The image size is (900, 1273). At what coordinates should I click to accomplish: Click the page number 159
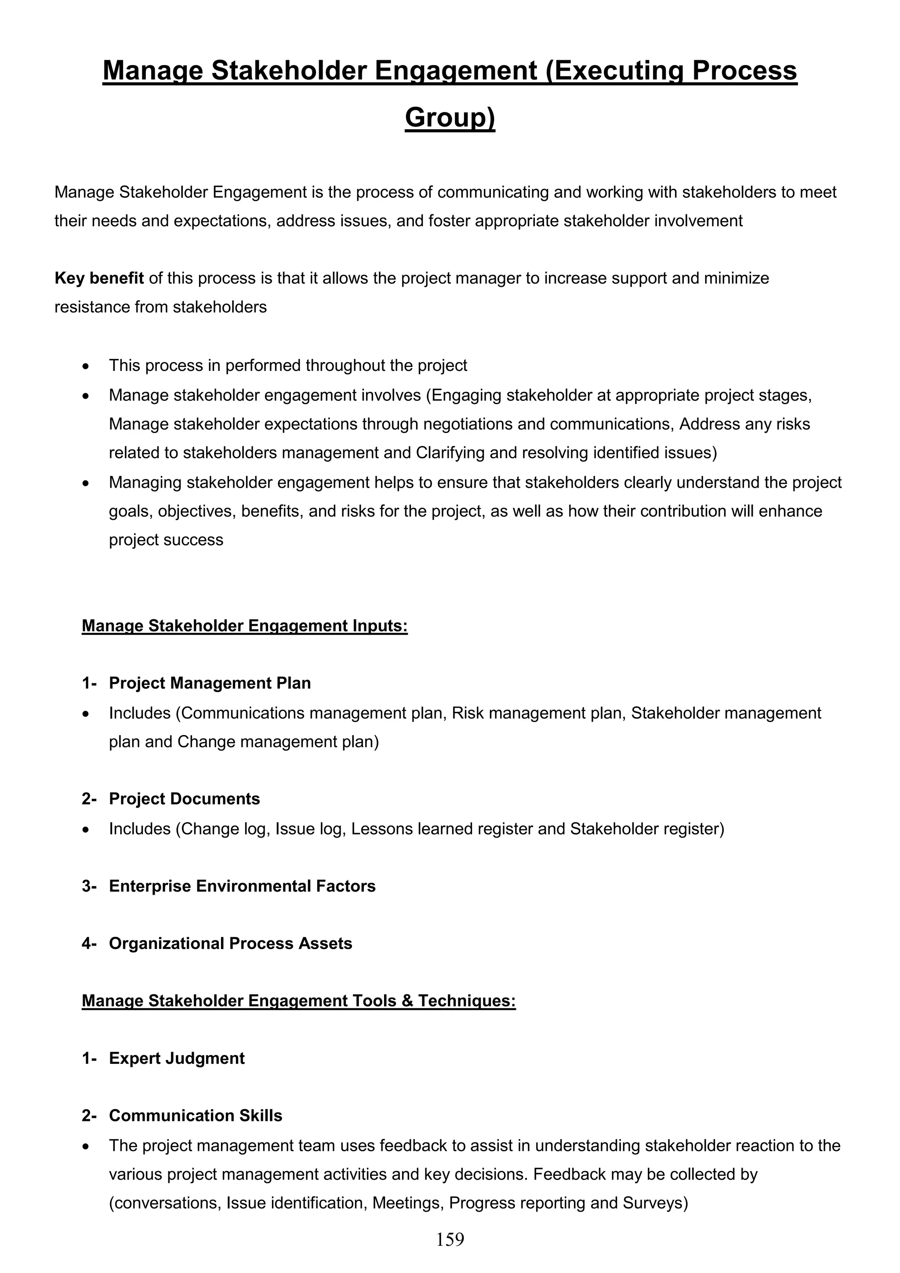pyautogui.click(x=450, y=1240)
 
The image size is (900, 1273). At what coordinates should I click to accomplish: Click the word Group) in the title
pyautogui.click(x=450, y=117)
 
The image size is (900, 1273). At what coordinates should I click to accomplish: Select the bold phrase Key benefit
pyautogui.click(x=99, y=278)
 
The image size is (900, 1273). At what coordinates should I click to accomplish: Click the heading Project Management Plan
pyautogui.click(x=210, y=683)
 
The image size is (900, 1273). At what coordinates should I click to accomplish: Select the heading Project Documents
pyautogui.click(x=184, y=799)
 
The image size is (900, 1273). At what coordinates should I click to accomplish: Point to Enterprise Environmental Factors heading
pyautogui.click(x=242, y=886)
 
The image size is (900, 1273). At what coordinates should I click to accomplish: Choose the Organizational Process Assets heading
pyautogui.click(x=230, y=944)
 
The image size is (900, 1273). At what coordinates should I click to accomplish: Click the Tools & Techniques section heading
pyautogui.click(x=298, y=1001)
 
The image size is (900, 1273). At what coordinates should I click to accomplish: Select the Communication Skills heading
pyautogui.click(x=195, y=1116)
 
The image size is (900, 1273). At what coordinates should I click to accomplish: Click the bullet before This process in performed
pyautogui.click(x=85, y=366)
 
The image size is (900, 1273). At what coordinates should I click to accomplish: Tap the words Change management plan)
pyautogui.click(x=278, y=742)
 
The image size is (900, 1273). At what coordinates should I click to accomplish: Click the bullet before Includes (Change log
pyautogui.click(x=85, y=830)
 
